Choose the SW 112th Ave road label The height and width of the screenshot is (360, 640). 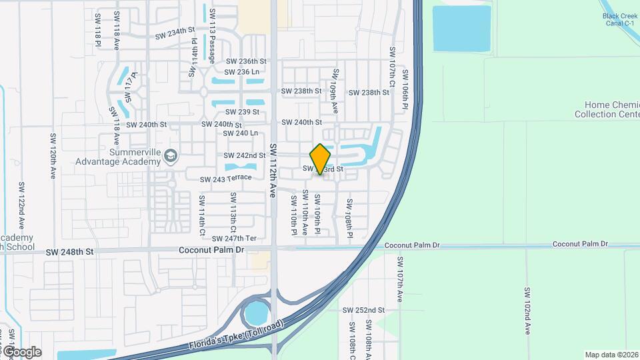(x=273, y=171)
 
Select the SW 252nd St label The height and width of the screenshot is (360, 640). (x=363, y=310)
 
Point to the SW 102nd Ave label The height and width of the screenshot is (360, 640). (x=527, y=311)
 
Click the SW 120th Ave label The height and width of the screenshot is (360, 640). (x=52, y=156)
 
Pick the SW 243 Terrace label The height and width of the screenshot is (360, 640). (x=226, y=178)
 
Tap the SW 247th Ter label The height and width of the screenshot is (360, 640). (x=234, y=238)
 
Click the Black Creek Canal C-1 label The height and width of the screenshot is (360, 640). (x=621, y=19)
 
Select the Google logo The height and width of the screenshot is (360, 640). (x=21, y=351)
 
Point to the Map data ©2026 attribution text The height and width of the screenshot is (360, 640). (x=611, y=355)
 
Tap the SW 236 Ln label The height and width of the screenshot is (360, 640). (x=241, y=72)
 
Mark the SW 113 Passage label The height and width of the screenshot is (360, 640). (x=213, y=36)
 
